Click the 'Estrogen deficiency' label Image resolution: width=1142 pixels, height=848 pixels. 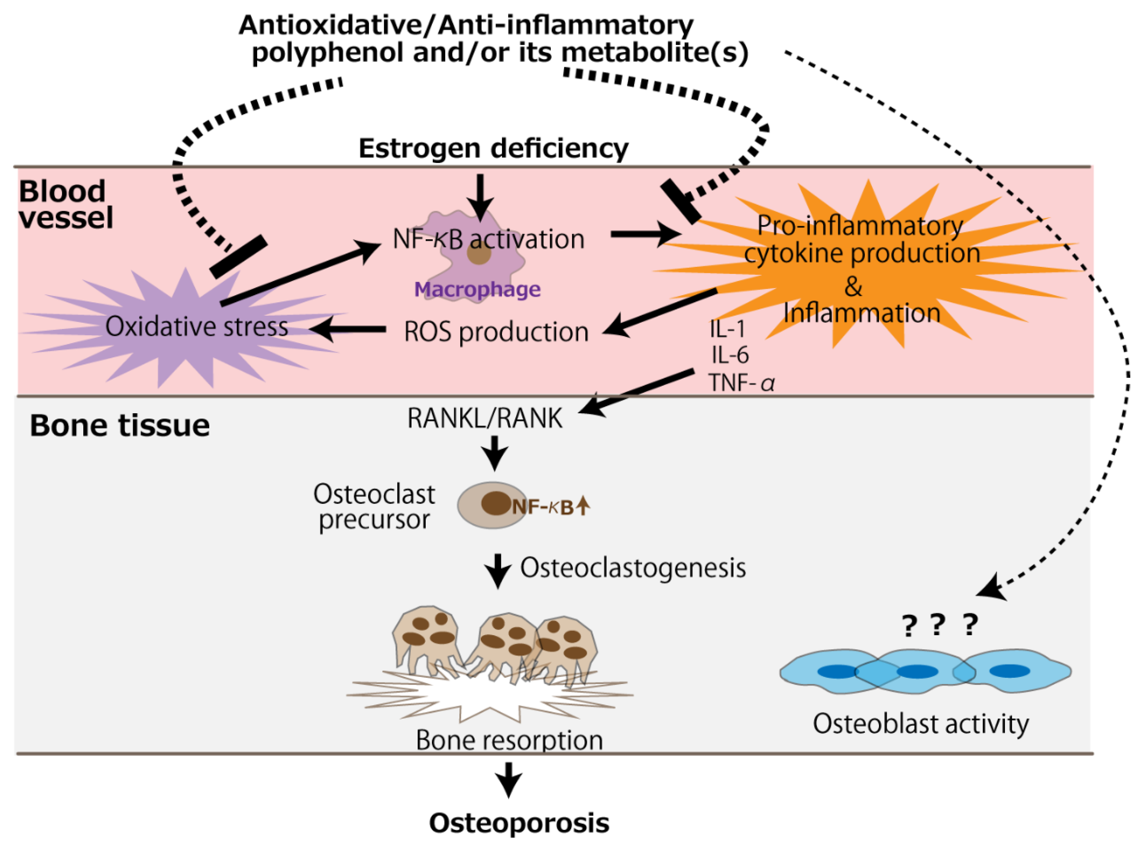click(493, 149)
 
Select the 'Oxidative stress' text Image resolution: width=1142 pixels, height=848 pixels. click(197, 326)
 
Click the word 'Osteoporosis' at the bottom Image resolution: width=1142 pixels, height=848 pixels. click(519, 823)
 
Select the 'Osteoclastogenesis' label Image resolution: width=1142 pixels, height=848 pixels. click(633, 568)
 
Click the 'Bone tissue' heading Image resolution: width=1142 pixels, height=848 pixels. click(119, 426)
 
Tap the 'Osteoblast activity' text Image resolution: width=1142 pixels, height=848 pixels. click(921, 724)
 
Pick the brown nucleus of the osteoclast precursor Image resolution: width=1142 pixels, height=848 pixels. click(495, 503)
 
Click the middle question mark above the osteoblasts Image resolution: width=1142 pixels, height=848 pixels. click(937, 625)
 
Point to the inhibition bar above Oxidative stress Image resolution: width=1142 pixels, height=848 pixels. click(239, 257)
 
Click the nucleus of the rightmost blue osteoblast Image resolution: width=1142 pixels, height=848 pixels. click(1009, 671)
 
